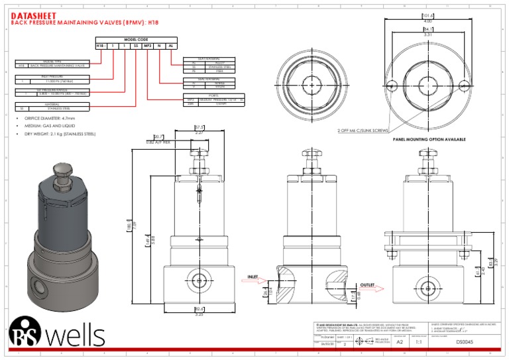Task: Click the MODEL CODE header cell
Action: [x=135, y=40]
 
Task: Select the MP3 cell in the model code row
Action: [x=148, y=46]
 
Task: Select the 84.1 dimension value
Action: [x=429, y=29]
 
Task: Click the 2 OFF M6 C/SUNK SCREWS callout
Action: [x=363, y=130]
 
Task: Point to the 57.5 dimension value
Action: [x=199, y=127]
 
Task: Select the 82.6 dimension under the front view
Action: [x=199, y=309]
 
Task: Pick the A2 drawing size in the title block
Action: [x=400, y=343]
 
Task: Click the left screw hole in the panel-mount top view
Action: [x=392, y=85]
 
